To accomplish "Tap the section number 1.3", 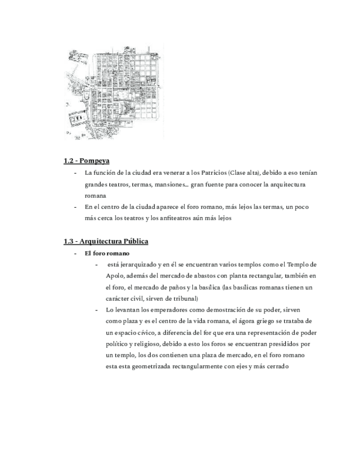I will (68, 241).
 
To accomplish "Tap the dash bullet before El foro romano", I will (76, 253).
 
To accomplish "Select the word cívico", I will (137, 332).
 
